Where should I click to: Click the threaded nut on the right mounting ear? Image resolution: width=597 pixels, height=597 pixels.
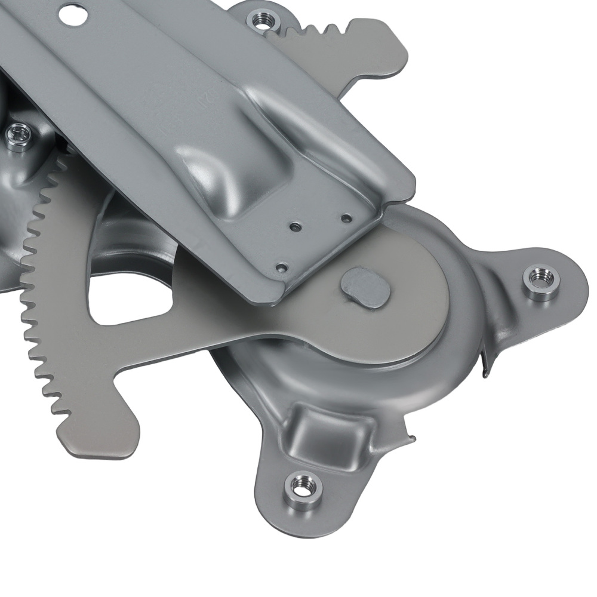(x=541, y=282)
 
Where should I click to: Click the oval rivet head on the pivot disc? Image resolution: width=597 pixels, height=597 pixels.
(x=365, y=287)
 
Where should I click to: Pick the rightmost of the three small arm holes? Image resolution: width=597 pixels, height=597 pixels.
(x=346, y=219)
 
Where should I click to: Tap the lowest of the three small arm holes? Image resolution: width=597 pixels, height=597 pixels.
(x=282, y=267)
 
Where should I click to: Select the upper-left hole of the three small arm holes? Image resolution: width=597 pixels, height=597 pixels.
(x=294, y=227)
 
